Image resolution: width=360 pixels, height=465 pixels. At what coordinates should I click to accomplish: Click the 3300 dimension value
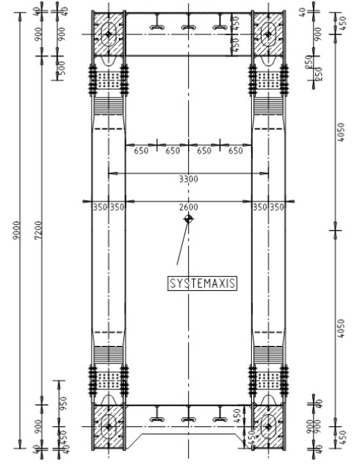(x=188, y=179)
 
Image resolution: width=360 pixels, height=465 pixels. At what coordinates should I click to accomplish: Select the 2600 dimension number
(x=189, y=208)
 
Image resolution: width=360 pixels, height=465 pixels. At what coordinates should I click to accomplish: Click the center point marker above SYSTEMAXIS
(x=189, y=218)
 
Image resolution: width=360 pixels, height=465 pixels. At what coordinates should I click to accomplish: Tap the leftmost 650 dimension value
(x=141, y=151)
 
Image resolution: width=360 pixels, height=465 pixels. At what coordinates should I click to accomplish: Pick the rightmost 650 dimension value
(x=235, y=151)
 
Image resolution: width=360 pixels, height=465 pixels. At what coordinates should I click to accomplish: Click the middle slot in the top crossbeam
(x=189, y=26)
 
